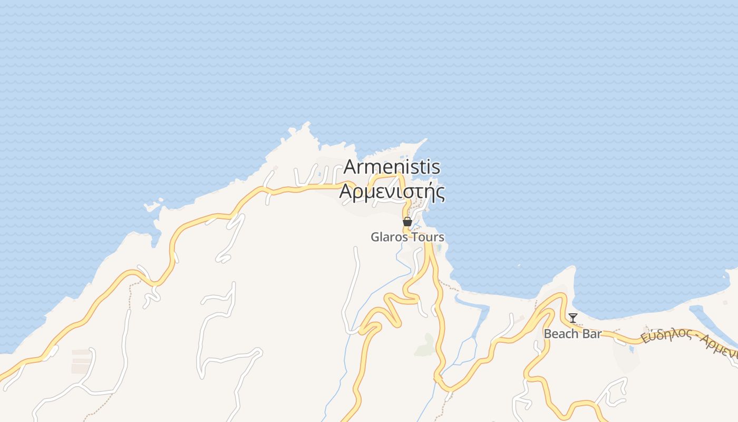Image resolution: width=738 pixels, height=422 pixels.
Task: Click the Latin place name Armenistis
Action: coord(392,167)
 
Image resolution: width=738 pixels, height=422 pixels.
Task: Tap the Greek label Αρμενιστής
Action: coord(392,191)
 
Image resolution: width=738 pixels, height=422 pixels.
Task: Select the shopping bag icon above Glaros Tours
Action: coord(407,222)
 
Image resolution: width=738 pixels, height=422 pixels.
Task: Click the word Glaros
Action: coord(389,237)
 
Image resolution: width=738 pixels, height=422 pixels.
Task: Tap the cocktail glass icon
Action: coord(573,318)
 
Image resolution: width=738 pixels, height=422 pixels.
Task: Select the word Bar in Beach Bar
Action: coord(591,334)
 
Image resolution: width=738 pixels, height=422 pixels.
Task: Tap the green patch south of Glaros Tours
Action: coord(425,346)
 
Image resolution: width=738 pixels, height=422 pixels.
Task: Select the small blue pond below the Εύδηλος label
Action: coord(631,349)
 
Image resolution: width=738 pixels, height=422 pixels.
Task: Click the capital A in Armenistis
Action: coord(351,167)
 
